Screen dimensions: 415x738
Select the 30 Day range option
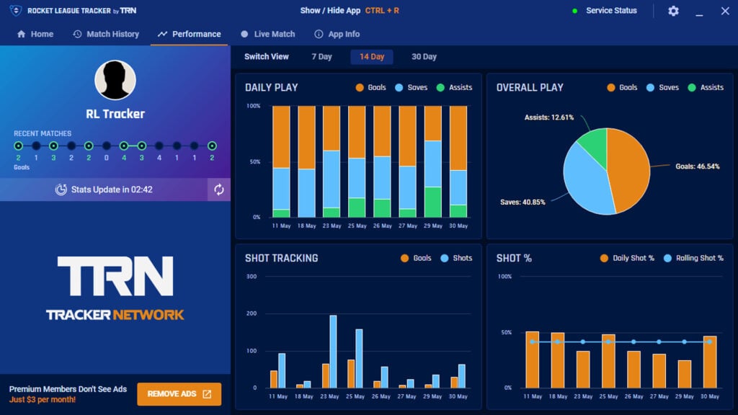[x=424, y=57]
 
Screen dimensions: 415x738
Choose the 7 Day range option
[x=321, y=57]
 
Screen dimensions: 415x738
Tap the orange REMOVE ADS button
[x=179, y=394]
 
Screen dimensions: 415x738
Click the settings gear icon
[x=673, y=11]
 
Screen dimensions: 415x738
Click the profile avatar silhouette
[x=115, y=79]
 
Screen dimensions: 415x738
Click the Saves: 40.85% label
[x=523, y=202]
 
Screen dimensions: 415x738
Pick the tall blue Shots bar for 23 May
[x=333, y=352]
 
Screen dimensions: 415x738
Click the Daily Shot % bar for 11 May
[x=533, y=360]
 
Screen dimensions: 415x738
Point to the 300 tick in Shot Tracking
[x=252, y=277]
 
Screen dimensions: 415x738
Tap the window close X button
[x=725, y=11]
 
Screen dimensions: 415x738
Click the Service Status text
[x=611, y=11]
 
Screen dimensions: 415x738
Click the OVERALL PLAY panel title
[x=530, y=87]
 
